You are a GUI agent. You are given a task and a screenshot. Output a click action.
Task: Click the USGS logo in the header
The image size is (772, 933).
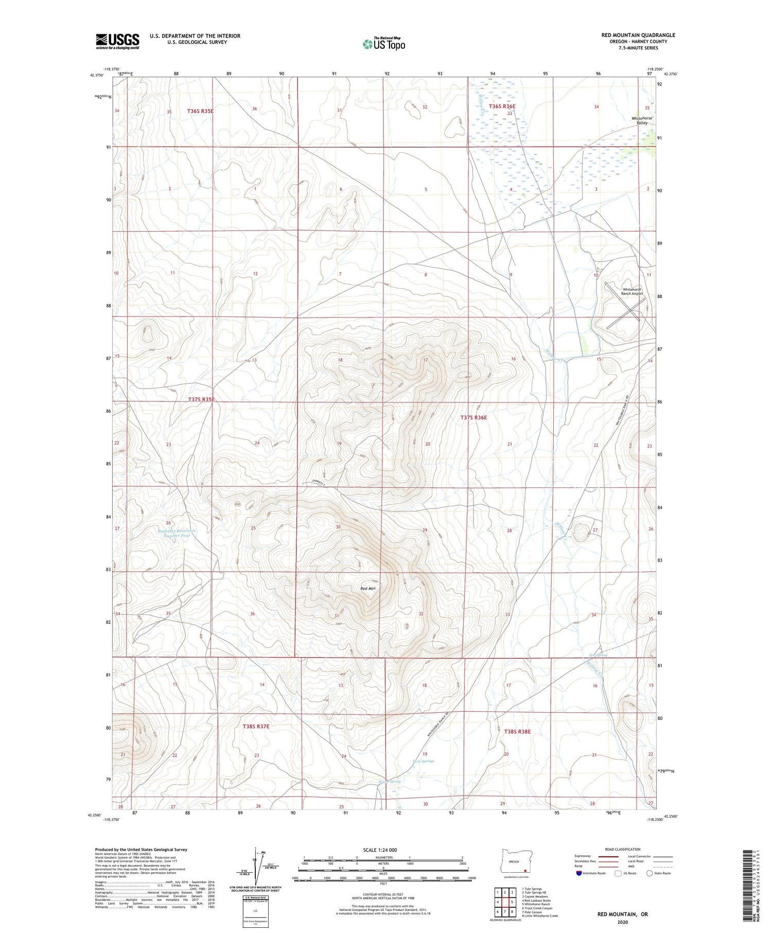117,41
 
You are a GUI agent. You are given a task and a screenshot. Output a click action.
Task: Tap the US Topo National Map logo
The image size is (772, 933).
383,44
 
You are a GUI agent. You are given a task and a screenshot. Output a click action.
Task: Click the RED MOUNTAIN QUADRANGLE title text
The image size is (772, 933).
638,35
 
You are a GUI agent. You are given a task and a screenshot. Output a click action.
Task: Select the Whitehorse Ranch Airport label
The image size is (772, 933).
633,291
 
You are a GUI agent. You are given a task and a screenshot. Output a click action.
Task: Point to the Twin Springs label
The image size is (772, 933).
423,761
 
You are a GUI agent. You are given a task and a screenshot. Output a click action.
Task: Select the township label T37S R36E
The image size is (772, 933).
473,418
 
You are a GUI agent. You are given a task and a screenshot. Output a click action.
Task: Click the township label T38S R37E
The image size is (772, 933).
256,726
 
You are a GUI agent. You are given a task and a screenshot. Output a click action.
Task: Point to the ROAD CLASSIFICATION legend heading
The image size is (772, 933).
623,849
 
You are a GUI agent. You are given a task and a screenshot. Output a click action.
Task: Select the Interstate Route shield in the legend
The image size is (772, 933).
579,873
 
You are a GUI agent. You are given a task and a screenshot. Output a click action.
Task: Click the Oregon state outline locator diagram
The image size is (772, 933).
514,864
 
